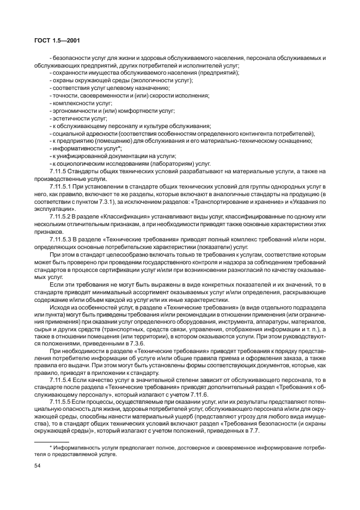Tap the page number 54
pyautogui.click(x=37, y=466)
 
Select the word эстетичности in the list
pyautogui.click(x=68, y=118)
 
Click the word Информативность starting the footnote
pyautogui.click(x=68, y=447)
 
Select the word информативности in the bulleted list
pyautogui.click(x=71, y=148)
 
